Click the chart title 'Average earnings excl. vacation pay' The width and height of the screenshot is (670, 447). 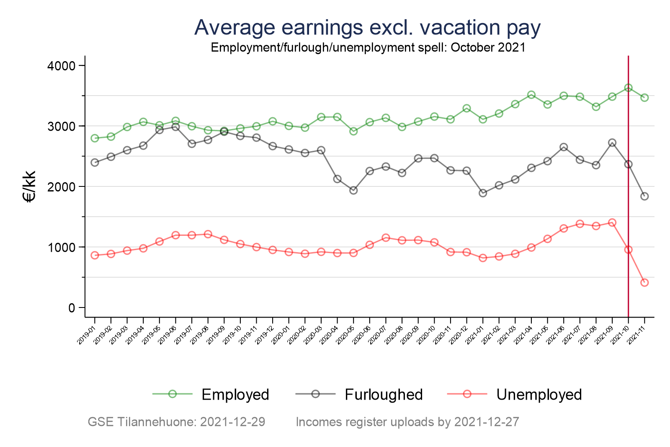[x=367, y=28]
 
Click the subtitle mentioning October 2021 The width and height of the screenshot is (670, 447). [x=368, y=47]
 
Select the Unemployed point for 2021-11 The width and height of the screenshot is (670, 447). [x=644, y=282]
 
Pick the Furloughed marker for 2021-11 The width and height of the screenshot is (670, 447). [x=644, y=196]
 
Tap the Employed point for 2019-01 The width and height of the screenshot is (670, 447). [x=95, y=138]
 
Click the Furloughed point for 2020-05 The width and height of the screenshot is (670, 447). [x=353, y=190]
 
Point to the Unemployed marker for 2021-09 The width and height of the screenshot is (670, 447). [x=612, y=222]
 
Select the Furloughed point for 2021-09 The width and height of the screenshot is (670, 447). [x=612, y=143]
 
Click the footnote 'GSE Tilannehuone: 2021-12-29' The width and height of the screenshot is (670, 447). [x=176, y=422]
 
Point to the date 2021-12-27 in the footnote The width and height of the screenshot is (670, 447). [x=487, y=422]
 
